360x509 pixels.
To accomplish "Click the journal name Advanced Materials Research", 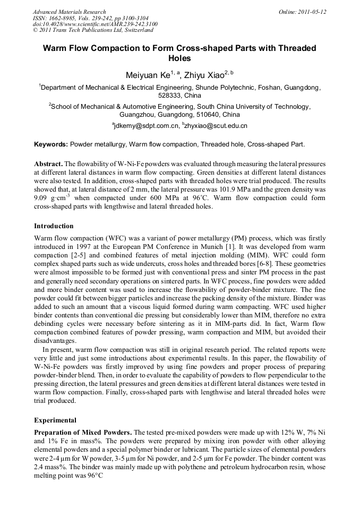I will [69, 12].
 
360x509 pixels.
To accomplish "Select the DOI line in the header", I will [88, 23].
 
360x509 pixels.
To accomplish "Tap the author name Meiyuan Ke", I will [145, 75].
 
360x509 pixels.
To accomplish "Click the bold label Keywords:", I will [51, 144].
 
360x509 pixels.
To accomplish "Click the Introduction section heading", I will [54, 226].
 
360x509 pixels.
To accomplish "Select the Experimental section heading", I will [55, 419].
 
